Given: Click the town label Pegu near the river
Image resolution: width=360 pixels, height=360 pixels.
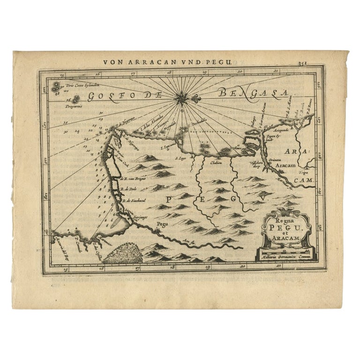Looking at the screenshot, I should click(x=162, y=224).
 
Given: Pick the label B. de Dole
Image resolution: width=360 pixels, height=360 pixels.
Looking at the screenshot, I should click(x=128, y=188).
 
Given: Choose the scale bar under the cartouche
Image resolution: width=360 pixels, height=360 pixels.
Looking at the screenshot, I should click(x=285, y=254).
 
